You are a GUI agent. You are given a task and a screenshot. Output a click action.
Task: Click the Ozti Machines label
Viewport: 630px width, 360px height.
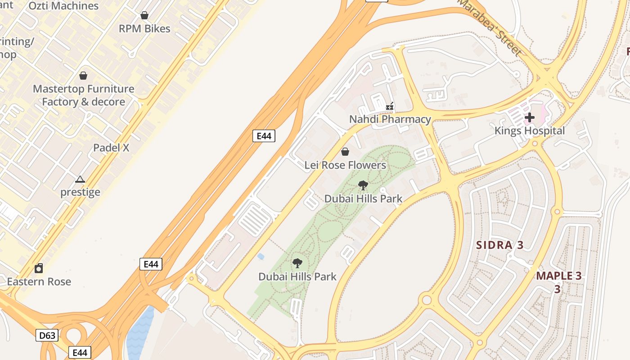click(63, 6)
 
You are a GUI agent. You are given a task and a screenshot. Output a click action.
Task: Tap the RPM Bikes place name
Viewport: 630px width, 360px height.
click(144, 29)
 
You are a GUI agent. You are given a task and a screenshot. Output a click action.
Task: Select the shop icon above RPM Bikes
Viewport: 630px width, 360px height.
click(144, 16)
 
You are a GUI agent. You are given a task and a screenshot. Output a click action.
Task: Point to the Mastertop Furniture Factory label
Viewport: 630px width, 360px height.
click(83, 95)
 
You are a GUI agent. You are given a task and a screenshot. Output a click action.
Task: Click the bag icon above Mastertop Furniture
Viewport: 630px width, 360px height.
click(83, 76)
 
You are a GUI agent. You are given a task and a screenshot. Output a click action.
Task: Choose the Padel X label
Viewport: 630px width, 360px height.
click(111, 148)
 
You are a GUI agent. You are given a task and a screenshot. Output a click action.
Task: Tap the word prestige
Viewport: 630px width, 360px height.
click(81, 192)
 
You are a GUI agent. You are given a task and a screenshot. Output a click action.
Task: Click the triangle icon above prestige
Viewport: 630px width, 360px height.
click(80, 180)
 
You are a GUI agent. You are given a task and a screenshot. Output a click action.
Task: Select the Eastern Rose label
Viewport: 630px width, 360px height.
click(39, 282)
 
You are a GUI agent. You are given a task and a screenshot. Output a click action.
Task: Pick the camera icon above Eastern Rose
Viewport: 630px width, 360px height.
click(39, 269)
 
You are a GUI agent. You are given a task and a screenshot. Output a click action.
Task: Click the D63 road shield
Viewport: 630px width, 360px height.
click(47, 335)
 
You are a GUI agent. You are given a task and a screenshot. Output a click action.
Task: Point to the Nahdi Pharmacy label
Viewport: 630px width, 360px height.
click(390, 119)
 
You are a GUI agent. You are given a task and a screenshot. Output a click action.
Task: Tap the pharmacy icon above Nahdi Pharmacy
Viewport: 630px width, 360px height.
click(390, 107)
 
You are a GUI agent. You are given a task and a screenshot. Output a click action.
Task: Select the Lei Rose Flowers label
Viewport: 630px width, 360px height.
click(345, 165)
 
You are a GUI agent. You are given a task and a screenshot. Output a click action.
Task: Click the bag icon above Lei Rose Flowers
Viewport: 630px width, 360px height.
click(345, 152)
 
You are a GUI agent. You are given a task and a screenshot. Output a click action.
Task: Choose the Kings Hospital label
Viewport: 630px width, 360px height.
click(530, 131)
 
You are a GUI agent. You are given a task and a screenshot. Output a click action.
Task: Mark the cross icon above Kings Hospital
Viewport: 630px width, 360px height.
click(530, 118)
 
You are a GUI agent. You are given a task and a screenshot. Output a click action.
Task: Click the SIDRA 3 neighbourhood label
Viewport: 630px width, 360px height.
click(500, 245)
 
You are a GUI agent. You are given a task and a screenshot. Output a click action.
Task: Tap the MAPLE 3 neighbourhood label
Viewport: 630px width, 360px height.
click(559, 276)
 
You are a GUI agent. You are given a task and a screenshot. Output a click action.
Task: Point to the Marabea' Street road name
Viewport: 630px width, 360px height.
click(490, 27)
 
